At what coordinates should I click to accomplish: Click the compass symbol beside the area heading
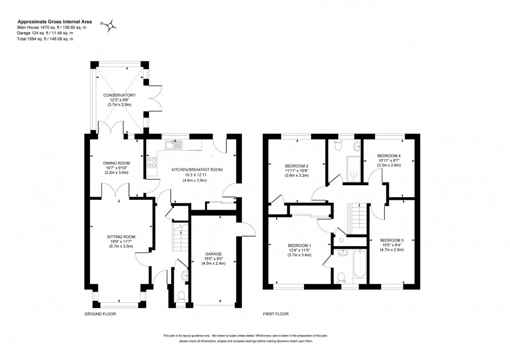(110, 24)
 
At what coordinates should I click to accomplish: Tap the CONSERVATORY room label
(119, 95)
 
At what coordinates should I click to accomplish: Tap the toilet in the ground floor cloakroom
(181, 296)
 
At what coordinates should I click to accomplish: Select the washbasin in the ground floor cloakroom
(185, 275)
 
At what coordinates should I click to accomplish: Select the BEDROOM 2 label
(297, 165)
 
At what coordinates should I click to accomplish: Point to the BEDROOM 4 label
(389, 156)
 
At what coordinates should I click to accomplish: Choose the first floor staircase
(358, 217)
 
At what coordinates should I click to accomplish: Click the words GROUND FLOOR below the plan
(100, 314)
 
